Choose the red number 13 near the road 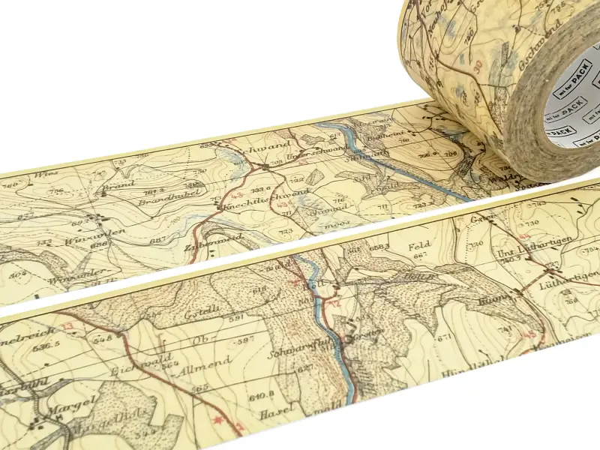pyautogui.click(x=70, y=325)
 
